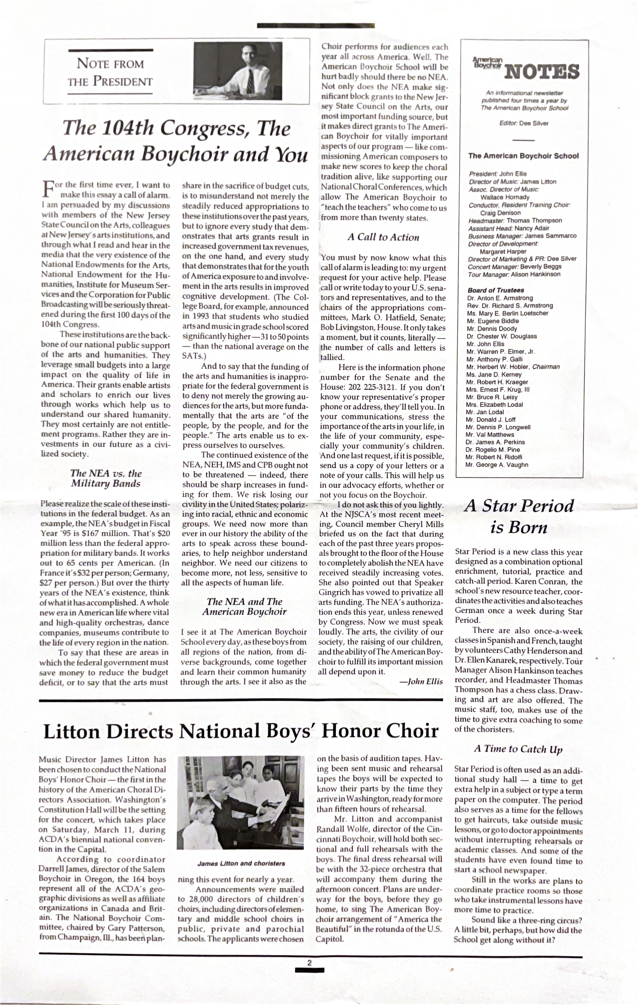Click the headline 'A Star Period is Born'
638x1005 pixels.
tap(519, 516)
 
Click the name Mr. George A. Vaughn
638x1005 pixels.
tap(497, 465)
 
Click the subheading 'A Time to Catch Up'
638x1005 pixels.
tap(518, 749)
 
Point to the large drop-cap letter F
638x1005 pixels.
tap(48, 188)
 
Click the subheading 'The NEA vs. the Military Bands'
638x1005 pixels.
tap(106, 478)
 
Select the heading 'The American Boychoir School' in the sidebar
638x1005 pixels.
tap(523, 156)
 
